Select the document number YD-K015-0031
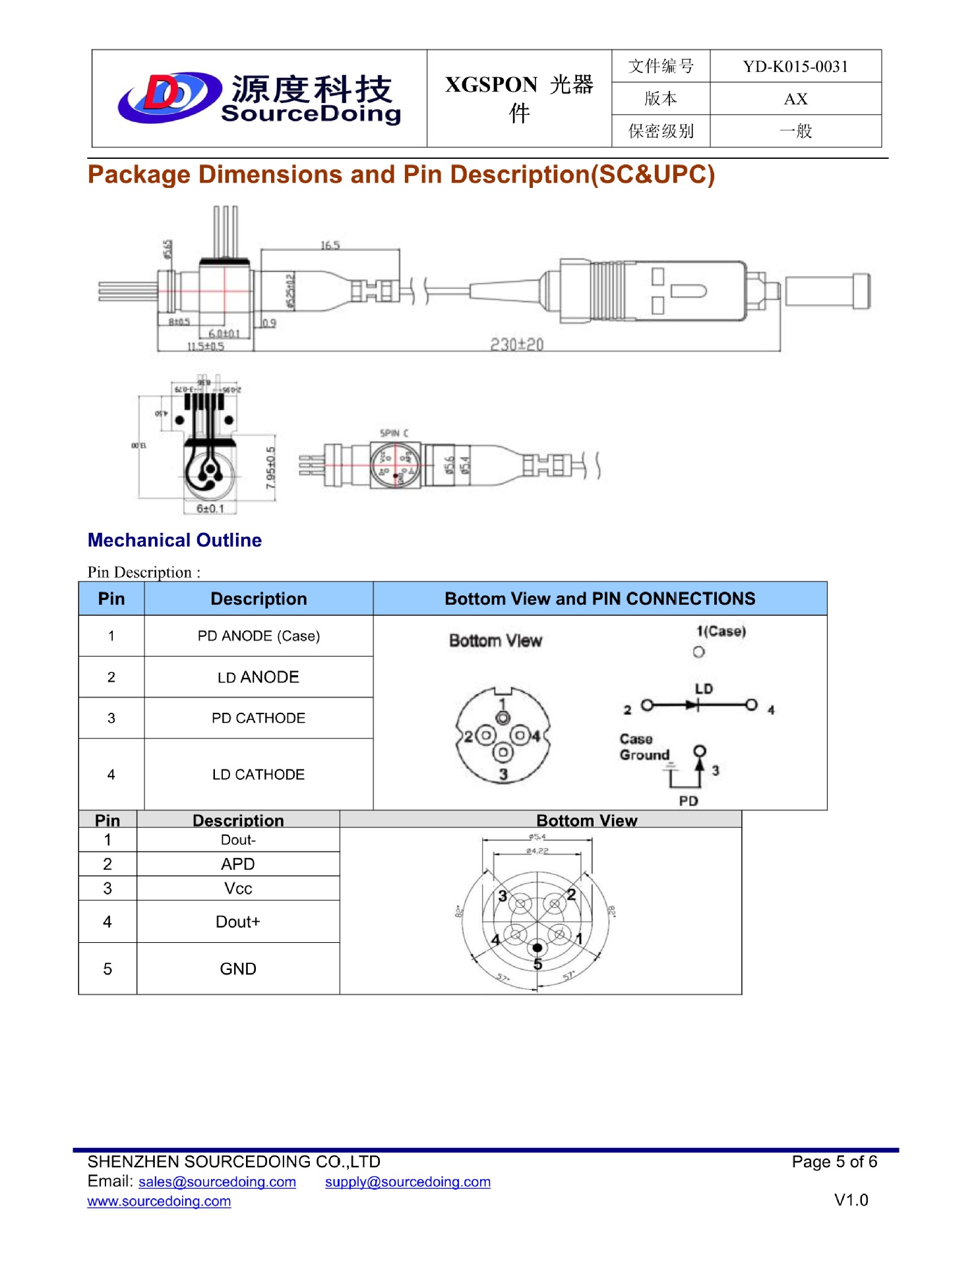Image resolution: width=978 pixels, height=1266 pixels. [x=795, y=67]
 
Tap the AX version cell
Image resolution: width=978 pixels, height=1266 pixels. [x=795, y=99]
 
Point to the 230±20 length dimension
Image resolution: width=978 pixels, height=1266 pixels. [x=516, y=344]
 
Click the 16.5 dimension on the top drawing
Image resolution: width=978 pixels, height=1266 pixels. [x=330, y=245]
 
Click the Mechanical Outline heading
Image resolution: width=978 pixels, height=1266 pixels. [x=175, y=540]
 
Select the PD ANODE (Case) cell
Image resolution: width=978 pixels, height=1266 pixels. [x=259, y=636]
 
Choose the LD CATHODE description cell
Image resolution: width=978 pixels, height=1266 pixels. [x=259, y=774]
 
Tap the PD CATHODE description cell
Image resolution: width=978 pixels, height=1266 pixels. [x=259, y=718]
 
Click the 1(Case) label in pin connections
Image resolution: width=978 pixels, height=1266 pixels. [x=721, y=631]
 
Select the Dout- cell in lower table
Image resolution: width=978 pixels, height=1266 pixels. [x=238, y=840]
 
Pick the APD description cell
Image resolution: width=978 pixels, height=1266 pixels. [x=238, y=864]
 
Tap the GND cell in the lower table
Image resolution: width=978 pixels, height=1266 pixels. [x=238, y=969]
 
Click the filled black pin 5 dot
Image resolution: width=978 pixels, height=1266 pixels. [x=537, y=948]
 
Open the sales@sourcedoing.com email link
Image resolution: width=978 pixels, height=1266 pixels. [x=217, y=1182]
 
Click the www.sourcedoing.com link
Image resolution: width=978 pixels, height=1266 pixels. [x=159, y=1201]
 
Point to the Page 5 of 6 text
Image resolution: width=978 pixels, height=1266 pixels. [x=834, y=1162]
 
